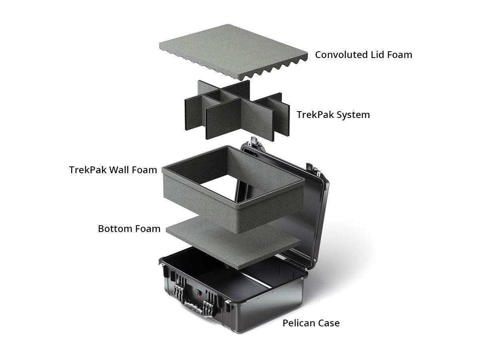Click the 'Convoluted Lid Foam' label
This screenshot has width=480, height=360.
pyautogui.click(x=364, y=55)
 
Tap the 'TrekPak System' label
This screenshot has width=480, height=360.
pyautogui.click(x=333, y=115)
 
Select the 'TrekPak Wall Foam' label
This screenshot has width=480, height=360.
pyautogui.click(x=113, y=170)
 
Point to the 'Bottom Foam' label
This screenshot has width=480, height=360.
pyautogui.click(x=129, y=229)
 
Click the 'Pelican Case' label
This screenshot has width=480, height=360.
pyautogui.click(x=311, y=323)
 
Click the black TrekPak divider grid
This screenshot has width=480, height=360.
pyautogui.click(x=237, y=110)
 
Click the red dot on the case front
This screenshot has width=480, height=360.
pyautogui.click(x=198, y=295)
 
